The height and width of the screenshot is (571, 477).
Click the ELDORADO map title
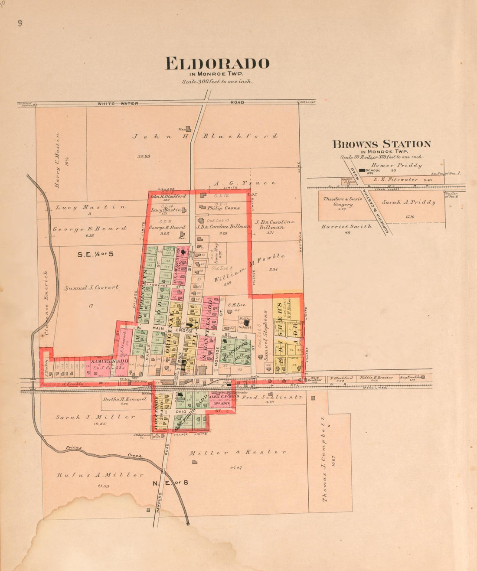click(x=217, y=64)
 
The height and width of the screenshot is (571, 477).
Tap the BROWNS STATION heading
click(x=382, y=144)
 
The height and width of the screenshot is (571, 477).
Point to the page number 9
click(x=20, y=23)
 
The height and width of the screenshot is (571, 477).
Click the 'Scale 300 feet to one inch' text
click(x=217, y=82)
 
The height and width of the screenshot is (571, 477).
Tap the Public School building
click(x=246, y=323)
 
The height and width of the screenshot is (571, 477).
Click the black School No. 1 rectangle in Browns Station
click(x=362, y=170)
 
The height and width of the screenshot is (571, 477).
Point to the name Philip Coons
click(x=223, y=208)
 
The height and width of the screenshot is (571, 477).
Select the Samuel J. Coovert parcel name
click(x=91, y=287)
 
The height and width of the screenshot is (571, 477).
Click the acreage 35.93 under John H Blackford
click(x=144, y=156)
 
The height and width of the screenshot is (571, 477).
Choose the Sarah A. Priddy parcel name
click(x=408, y=202)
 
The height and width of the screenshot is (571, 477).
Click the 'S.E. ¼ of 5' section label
click(x=95, y=254)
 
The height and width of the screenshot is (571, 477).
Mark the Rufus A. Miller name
click(x=100, y=475)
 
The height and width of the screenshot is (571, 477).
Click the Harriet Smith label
click(x=346, y=226)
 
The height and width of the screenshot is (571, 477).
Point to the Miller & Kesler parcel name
click(x=238, y=452)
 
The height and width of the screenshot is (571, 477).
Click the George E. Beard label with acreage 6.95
click(x=90, y=228)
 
